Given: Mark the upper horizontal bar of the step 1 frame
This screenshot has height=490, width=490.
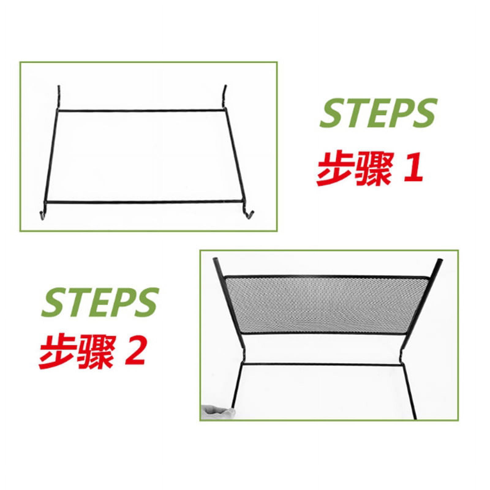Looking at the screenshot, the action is (141, 110).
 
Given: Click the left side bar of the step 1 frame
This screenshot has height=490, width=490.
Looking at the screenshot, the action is (51, 156).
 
